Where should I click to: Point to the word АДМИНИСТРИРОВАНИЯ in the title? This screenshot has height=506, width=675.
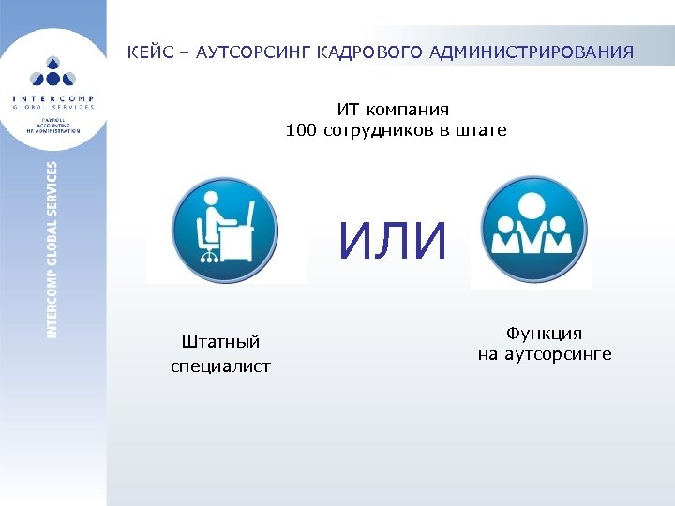click(532, 52)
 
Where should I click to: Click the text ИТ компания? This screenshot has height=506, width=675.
click(394, 110)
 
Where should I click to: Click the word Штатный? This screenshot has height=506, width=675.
click(220, 342)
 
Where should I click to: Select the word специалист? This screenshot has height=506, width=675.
click(220, 365)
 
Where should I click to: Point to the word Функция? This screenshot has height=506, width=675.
click(544, 333)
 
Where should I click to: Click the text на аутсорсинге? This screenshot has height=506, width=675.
click(544, 354)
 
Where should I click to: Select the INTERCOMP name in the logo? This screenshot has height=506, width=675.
click(53, 97)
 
